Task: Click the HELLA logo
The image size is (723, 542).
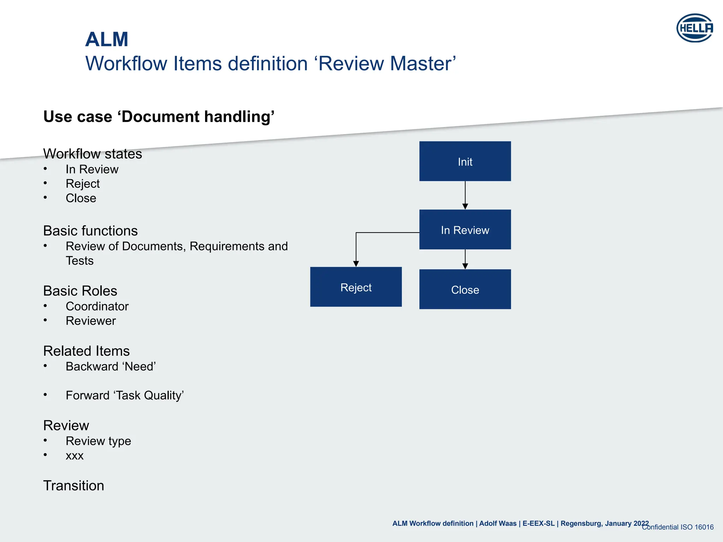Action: [694, 28]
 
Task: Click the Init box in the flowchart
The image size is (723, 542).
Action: [465, 161]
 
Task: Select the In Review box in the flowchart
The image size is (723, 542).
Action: [465, 230]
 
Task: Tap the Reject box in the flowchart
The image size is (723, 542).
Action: [356, 287]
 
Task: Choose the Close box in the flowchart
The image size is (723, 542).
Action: [465, 289]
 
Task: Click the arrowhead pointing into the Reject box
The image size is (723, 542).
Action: [356, 264]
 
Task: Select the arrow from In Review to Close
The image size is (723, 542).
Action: [465, 259]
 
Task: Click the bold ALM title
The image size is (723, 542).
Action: [107, 39]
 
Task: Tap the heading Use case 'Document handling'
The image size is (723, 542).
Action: [159, 117]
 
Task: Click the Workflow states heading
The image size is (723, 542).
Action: [92, 154]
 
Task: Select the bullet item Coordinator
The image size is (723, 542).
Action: [97, 306]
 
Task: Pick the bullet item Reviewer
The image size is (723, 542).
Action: [91, 321]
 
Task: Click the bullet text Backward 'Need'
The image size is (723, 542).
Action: [111, 367]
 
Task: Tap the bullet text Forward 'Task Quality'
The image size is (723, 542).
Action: [125, 396]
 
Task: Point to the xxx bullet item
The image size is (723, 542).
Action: [74, 456]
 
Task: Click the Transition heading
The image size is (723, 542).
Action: [73, 486]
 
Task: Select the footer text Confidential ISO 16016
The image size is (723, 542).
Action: [677, 527]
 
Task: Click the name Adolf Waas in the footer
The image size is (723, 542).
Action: [497, 524]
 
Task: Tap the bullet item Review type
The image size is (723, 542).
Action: [98, 441]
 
